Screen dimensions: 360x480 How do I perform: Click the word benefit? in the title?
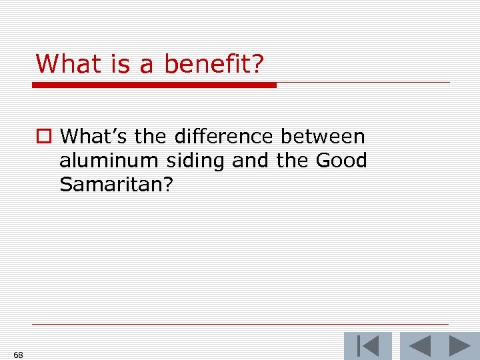[x=214, y=65]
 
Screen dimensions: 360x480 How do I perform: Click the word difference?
[x=223, y=137]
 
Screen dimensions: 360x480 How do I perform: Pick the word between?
[x=323, y=137]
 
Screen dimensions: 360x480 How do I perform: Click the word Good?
[x=341, y=161]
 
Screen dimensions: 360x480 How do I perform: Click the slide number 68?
[x=18, y=355]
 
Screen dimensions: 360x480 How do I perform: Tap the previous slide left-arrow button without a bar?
[x=419, y=346]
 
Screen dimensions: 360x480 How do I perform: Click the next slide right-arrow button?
[x=459, y=346]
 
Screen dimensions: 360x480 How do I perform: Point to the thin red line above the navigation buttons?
[x=240, y=325]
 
